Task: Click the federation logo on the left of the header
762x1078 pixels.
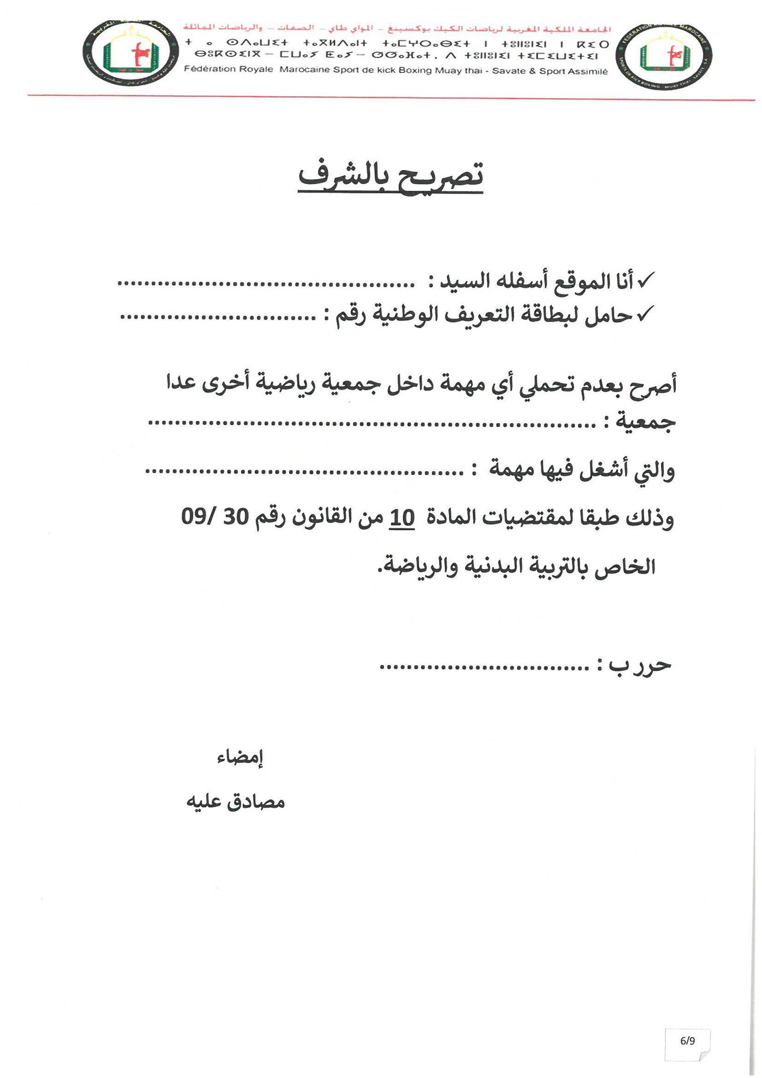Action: click(130, 53)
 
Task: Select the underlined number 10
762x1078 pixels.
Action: click(402, 518)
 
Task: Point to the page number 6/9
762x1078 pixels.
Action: click(687, 1041)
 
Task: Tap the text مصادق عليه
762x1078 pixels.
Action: click(235, 802)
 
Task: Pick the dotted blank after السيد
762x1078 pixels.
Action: click(266, 284)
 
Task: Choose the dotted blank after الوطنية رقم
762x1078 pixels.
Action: click(218, 317)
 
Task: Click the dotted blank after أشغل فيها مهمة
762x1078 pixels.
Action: click(304, 472)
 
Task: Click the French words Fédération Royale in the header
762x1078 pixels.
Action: click(228, 69)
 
